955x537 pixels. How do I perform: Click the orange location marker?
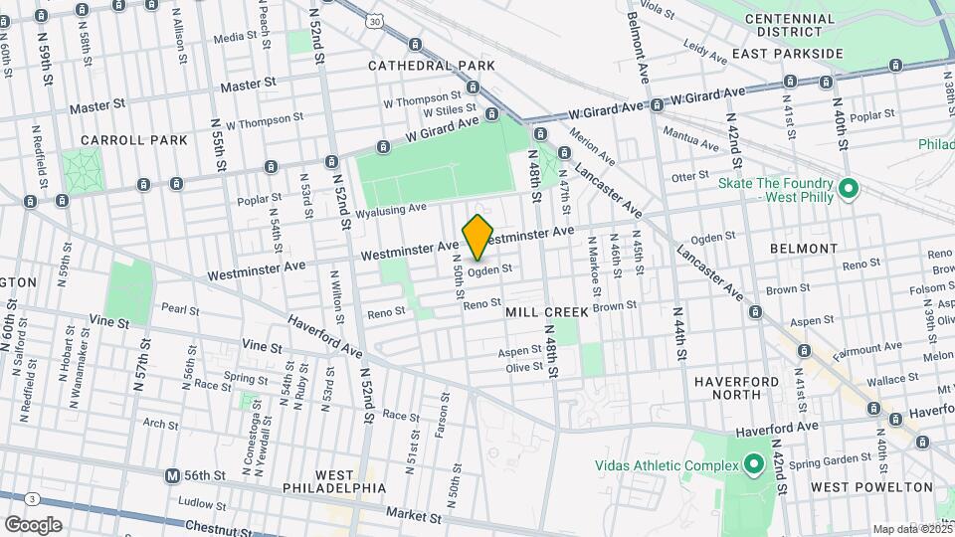(x=477, y=237)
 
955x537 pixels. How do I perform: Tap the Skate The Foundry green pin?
(x=849, y=188)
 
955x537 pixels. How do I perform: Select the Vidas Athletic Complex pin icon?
(x=753, y=464)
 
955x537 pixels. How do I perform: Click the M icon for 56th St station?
(x=173, y=475)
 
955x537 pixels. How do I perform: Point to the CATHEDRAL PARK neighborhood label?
(x=431, y=65)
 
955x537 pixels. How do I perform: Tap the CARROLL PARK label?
(x=134, y=140)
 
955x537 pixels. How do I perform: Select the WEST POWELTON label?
(x=871, y=487)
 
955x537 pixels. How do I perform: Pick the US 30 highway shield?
(x=373, y=19)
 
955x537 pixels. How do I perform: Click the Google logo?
(x=33, y=524)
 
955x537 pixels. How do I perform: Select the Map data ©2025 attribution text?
(x=912, y=529)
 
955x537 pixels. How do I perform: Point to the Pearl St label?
(x=180, y=309)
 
